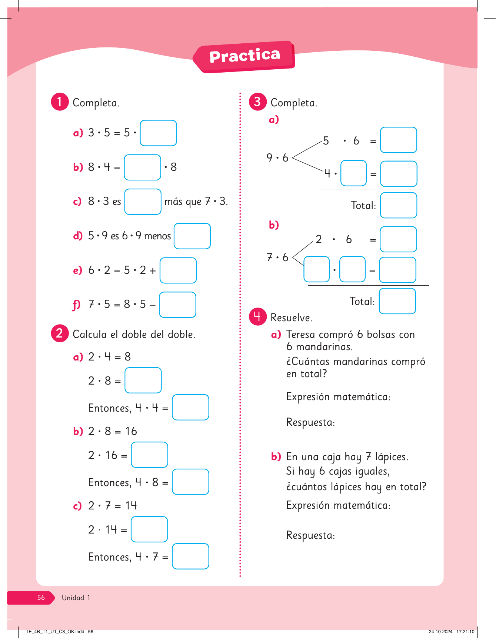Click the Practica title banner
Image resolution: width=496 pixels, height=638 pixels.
coord(244,56)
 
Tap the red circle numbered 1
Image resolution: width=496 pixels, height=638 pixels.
coord(60,102)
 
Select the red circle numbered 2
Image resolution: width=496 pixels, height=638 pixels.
coord(60,333)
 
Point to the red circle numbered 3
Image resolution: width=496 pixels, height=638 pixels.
coord(258,102)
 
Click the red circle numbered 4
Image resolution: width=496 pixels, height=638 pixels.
coord(258,316)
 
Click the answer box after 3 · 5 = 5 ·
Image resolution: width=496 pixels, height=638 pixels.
coord(158,133)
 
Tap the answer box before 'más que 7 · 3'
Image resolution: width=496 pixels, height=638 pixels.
coord(143,202)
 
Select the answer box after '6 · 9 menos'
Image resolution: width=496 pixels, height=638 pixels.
coord(192,236)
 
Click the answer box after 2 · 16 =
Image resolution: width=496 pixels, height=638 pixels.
coord(149,455)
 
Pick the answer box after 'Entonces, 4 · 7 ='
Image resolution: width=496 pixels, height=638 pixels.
coord(190,556)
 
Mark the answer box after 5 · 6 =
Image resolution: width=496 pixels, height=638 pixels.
coord(399,140)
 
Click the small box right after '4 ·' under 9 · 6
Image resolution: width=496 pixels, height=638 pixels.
coord(353,173)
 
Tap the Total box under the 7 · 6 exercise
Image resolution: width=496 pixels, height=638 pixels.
coord(397,301)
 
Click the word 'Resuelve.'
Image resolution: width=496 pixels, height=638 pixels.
coord(292,318)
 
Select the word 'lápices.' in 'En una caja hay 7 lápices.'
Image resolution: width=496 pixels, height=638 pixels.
coord(392,457)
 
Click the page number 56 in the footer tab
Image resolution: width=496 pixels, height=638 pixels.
coord(41,598)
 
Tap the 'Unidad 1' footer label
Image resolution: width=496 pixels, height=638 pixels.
coord(76,598)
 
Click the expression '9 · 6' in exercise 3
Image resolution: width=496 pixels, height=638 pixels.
coord(277,158)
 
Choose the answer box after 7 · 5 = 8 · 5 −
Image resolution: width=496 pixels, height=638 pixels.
coord(177,305)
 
